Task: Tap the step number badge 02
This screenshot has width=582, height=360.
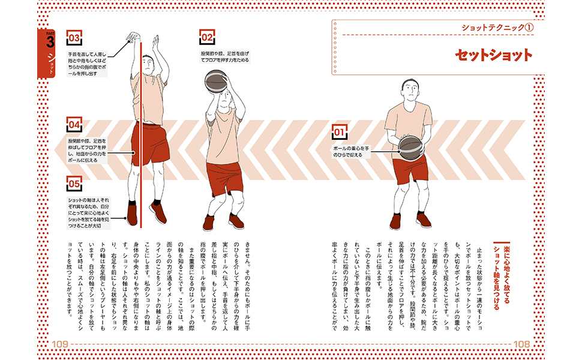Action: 208,38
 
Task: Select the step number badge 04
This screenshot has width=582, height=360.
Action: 74,125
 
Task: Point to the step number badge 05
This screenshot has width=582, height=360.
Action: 74,183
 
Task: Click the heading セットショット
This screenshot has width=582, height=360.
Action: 493,56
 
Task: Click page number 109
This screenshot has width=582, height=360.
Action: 61,343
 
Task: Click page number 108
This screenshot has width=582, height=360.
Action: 521,343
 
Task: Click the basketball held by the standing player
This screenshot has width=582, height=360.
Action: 410,147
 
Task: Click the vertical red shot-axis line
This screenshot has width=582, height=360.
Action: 140,150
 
